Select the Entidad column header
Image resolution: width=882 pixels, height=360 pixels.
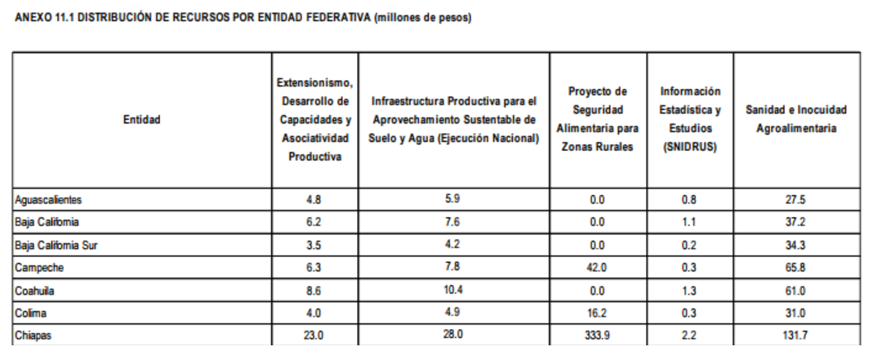coord(142,119)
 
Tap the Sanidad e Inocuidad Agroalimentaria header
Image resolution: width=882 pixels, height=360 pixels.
coord(795,119)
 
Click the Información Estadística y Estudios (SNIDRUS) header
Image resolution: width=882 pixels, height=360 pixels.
coord(690,119)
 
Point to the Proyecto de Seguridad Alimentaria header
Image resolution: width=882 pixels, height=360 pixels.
coord(597,119)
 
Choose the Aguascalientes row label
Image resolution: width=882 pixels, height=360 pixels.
coord(49,199)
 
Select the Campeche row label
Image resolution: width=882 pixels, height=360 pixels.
coord(38,267)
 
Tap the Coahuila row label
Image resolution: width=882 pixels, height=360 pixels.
coord(35,290)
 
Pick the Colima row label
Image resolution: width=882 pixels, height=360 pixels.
coord(31,313)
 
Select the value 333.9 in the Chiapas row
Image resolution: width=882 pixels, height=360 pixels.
coord(597,335)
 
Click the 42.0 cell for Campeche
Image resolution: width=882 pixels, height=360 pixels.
coord(597,267)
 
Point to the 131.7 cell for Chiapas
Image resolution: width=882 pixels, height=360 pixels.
coord(795,335)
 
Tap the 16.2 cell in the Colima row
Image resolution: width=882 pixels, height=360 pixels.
coord(597,313)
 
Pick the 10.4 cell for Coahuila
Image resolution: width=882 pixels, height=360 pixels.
coord(453,290)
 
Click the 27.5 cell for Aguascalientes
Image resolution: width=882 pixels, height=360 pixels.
coord(795,199)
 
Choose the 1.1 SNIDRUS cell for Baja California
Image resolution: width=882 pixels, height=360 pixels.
coord(690,221)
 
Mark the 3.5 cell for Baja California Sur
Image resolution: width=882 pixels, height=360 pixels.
coord(314,244)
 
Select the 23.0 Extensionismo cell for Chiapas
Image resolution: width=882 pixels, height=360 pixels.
coord(314,335)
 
